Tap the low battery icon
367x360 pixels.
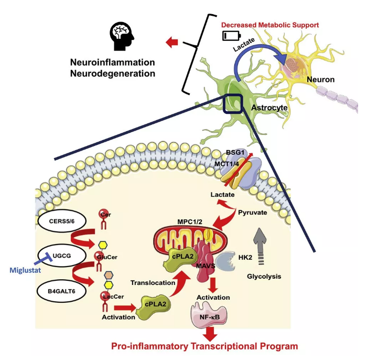tap(230, 36)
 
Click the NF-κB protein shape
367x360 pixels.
tap(209, 316)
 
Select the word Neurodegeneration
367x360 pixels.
tap(113, 73)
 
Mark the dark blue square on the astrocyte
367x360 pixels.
tap(233, 103)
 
